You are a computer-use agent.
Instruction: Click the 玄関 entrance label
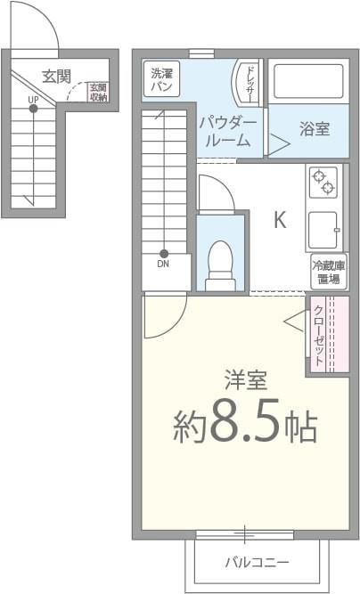click(56, 76)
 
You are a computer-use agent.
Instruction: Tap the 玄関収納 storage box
click(98, 93)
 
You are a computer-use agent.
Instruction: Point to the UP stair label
click(33, 99)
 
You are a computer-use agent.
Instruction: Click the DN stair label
click(164, 264)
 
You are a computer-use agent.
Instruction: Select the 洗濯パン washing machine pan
click(162, 79)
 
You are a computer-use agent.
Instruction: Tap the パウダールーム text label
click(228, 131)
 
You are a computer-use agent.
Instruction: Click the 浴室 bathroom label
click(314, 128)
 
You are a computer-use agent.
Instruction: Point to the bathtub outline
click(307, 82)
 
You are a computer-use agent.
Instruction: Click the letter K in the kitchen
click(279, 220)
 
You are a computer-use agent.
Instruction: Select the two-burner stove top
click(323, 183)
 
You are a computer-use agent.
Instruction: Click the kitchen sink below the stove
click(323, 230)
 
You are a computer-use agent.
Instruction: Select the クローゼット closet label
click(318, 336)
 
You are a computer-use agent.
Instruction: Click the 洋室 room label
click(245, 381)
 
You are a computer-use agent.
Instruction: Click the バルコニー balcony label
click(257, 563)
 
